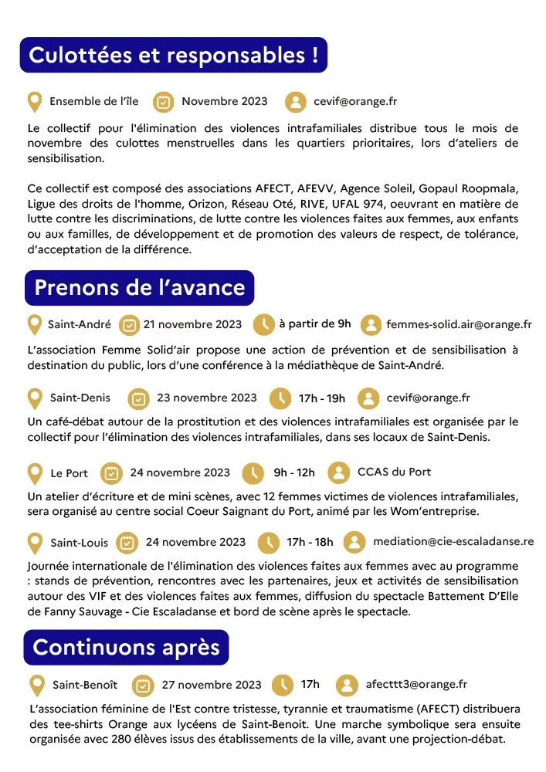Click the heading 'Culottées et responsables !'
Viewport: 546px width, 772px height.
(x=174, y=56)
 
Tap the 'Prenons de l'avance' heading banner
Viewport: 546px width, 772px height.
(x=139, y=288)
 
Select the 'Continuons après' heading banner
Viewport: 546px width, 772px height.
(x=127, y=647)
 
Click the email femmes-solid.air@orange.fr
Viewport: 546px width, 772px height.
(x=459, y=324)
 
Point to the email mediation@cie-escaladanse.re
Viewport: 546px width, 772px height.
(x=453, y=541)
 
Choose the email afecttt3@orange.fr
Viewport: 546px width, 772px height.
(x=417, y=684)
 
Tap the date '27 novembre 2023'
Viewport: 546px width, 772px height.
(x=212, y=685)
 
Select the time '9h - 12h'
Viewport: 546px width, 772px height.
(x=294, y=472)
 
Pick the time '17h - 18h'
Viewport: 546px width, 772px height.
(x=310, y=542)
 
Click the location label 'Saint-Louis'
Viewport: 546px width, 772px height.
(x=80, y=542)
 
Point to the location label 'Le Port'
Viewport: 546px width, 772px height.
(x=70, y=473)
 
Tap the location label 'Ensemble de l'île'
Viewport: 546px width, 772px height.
(x=94, y=101)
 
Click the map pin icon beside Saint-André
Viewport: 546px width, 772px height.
(x=34, y=325)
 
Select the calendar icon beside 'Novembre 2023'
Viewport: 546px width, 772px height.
(x=163, y=102)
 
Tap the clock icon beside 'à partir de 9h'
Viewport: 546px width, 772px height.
(x=263, y=325)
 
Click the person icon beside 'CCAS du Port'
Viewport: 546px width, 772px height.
(x=338, y=472)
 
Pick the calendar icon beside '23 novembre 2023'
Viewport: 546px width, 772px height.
(x=138, y=398)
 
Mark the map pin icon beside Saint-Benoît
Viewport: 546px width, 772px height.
(x=36, y=685)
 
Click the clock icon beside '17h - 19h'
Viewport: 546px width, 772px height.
(x=280, y=398)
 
